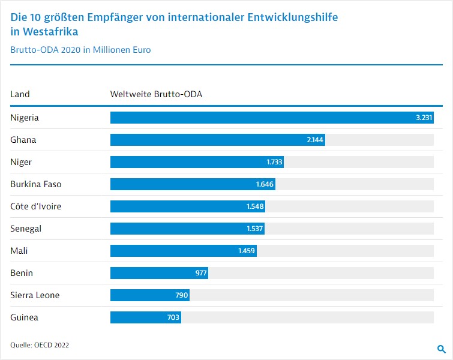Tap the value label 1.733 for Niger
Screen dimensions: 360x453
coord(274,162)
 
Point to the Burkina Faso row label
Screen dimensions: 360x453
coord(36,184)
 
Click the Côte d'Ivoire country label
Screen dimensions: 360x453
coord(36,206)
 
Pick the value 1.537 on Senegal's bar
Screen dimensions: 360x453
coord(255,229)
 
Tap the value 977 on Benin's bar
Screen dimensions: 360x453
coord(201,273)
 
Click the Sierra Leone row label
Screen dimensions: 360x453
coord(35,295)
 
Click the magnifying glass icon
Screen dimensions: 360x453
coord(441,349)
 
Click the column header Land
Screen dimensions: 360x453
coord(20,94)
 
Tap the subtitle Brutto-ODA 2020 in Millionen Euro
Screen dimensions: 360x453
coord(80,50)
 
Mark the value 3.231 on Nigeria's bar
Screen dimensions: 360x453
coord(424,118)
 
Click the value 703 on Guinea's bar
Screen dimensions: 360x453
coord(173,317)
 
